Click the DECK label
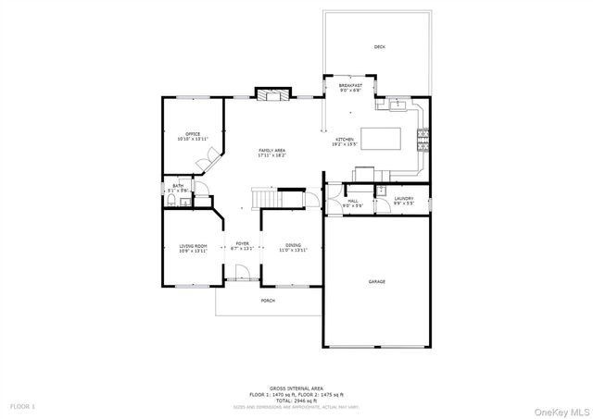(379, 46)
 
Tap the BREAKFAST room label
(350, 85)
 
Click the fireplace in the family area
(269, 94)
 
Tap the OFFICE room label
(193, 134)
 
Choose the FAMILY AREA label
(271, 150)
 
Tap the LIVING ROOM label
(193, 246)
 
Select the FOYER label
(241, 244)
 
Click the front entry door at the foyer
(242, 274)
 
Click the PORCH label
(268, 301)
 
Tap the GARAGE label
(376, 281)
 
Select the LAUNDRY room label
(403, 198)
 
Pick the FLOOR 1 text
(22, 406)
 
